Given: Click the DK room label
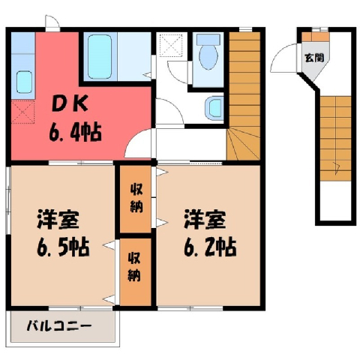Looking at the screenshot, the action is click(70, 105).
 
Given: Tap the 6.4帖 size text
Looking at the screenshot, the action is click(75, 133).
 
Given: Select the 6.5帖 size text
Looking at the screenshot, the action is click(63, 248).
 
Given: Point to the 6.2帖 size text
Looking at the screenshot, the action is click(210, 248).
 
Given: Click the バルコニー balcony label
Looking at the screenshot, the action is click(59, 326).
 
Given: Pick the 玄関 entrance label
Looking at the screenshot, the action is click(314, 58).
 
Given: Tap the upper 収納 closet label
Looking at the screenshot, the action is click(136, 199).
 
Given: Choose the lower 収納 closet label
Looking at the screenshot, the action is click(134, 267).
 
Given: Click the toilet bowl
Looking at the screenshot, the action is click(208, 57).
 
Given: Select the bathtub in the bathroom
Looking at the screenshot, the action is click(100, 56).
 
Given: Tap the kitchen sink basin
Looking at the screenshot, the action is click(24, 82).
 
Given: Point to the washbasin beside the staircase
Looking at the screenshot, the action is click(213, 108).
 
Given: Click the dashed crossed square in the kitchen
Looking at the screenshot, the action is click(22, 112).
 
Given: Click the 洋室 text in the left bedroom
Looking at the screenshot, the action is click(58, 220).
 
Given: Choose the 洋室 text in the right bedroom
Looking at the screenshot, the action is click(205, 220).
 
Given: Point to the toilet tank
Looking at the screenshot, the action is click(208, 40).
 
